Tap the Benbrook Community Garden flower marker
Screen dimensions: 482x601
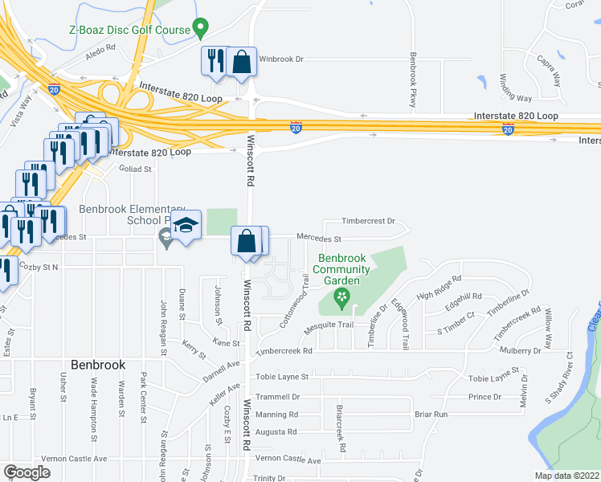coord(342,299)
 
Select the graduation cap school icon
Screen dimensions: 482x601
coord(186,227)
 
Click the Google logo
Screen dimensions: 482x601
coord(27,472)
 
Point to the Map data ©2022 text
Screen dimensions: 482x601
coord(566,476)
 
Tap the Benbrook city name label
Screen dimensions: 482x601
coord(98,364)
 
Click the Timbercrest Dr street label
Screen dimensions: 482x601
coord(369,220)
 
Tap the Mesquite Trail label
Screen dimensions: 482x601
coord(329,325)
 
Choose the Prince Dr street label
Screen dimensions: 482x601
coord(484,397)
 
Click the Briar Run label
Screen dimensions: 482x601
coord(430,415)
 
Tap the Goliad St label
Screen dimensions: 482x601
coord(136,170)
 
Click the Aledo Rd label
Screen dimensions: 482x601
coord(100,48)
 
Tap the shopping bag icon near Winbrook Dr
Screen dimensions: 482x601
coord(241,62)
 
